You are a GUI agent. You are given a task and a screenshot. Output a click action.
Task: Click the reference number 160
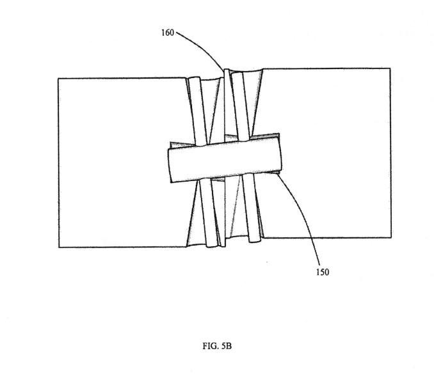click(167, 31)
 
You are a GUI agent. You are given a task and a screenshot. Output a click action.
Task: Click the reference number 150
click(322, 272)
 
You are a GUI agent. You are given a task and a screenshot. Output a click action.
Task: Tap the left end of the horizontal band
click(168, 165)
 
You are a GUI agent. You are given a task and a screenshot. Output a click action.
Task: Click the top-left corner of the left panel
click(59, 79)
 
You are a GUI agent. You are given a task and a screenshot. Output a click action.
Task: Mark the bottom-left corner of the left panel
click(59, 247)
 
